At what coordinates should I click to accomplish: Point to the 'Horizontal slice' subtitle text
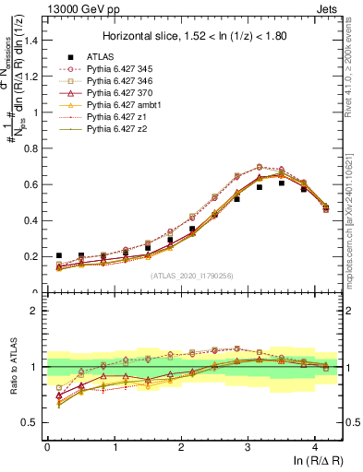pos(195,37)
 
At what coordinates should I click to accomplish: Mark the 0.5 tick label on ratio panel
pos(30,423)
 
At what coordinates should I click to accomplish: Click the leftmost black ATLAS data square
pos(59,255)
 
